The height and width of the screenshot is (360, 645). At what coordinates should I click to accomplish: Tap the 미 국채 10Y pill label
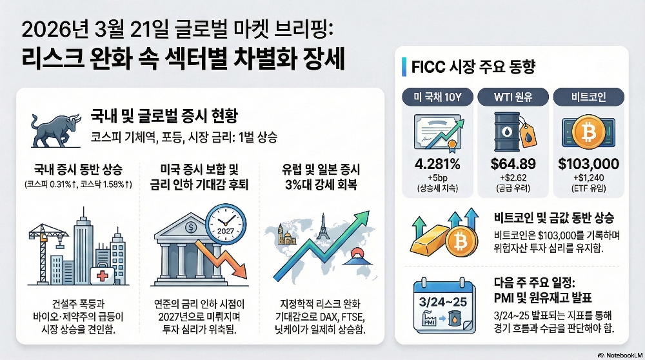437,97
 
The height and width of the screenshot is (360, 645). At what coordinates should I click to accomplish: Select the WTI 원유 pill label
513,97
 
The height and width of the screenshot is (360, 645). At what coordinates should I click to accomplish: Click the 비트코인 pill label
589,97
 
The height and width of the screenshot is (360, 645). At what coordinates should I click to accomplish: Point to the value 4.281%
437,164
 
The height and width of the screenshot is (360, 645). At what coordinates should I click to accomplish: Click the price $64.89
513,164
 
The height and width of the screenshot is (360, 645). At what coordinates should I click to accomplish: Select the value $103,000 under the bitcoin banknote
589,164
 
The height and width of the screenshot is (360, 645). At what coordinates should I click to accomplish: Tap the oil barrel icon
507,132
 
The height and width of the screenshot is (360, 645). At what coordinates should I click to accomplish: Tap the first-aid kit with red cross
102,274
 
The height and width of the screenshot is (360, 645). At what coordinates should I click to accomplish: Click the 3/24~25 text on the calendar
443,302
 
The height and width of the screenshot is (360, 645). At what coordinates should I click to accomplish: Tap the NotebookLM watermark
619,355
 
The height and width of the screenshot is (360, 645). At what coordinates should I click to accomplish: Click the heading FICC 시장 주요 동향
473,66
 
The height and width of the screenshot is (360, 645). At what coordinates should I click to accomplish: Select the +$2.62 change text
513,178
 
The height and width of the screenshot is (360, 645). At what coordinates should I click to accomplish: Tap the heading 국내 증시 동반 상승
78,169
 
